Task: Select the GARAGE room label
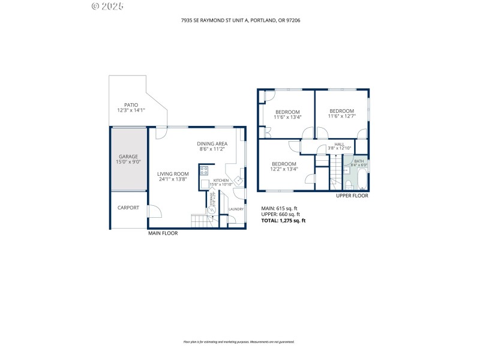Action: (x=128, y=157)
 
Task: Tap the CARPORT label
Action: (x=128, y=208)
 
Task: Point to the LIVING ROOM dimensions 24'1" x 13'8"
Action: (x=173, y=179)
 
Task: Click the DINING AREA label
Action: (x=212, y=143)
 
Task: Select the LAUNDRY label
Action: (x=236, y=209)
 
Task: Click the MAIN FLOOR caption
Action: (x=163, y=233)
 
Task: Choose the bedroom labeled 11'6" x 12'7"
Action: (x=342, y=111)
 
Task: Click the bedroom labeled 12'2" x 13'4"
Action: (x=284, y=164)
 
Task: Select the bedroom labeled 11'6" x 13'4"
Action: (x=287, y=112)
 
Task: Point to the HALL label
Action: (x=340, y=145)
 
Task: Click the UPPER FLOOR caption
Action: (x=352, y=196)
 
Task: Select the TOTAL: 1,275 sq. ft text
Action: (x=283, y=220)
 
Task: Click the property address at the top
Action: (x=240, y=20)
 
